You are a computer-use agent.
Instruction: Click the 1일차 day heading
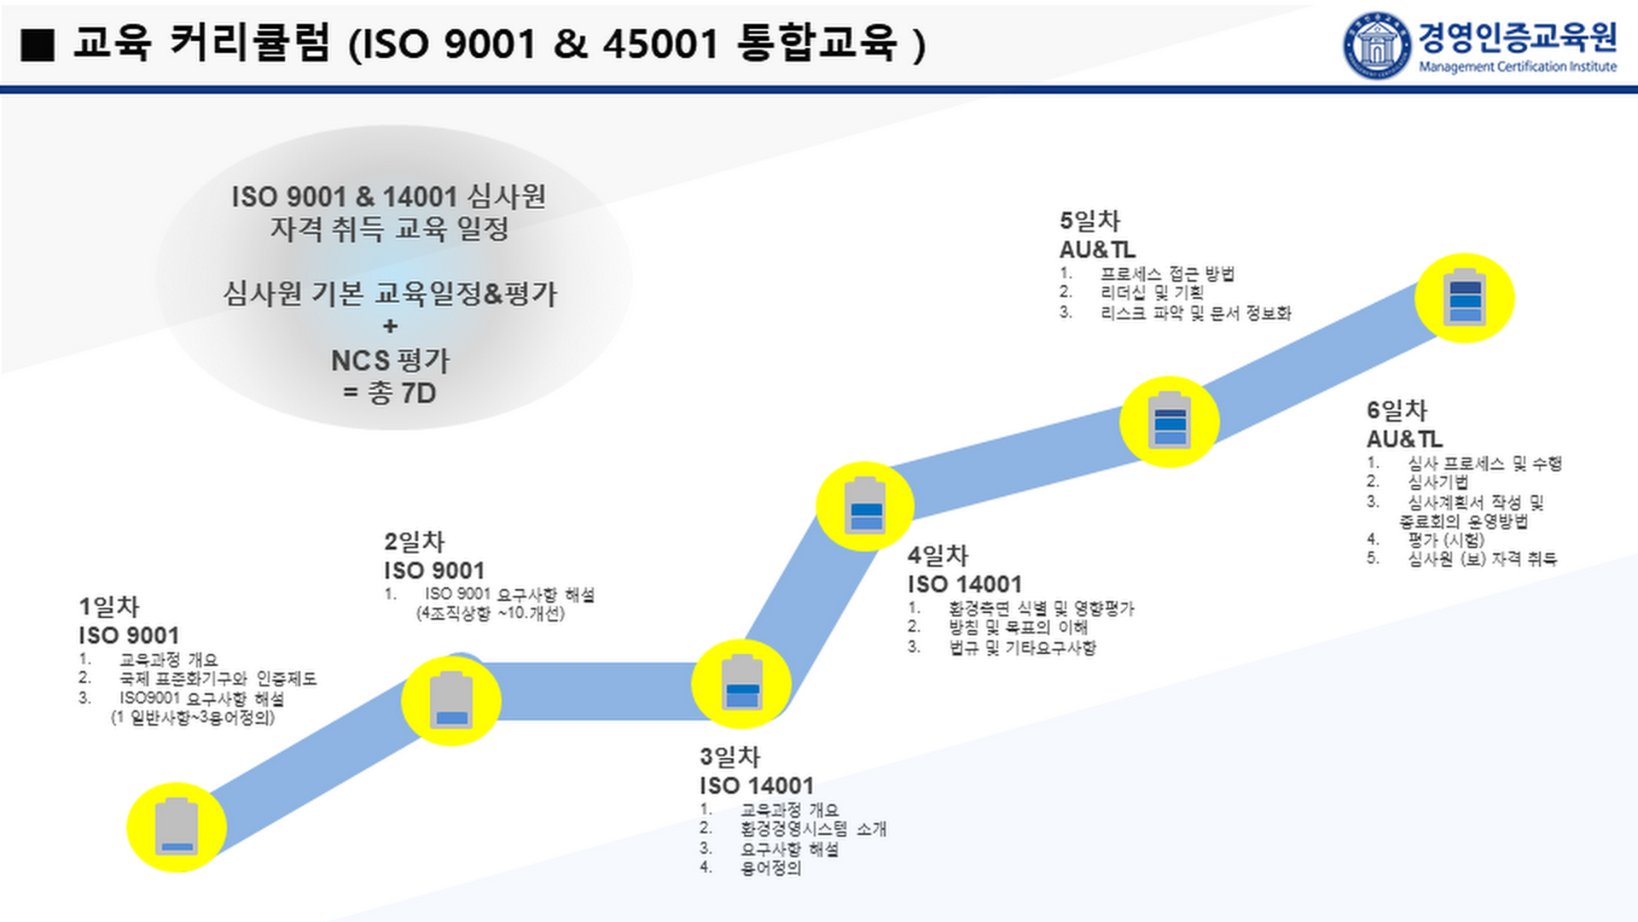pos(108,607)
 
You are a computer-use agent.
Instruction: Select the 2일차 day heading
pos(414,542)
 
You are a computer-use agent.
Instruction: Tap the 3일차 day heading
pos(729,756)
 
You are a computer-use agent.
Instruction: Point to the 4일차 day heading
pos(937,556)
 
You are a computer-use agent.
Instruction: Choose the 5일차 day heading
pos(1089,221)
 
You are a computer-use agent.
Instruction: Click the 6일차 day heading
pos(1396,411)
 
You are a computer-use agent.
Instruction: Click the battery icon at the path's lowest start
pos(177,827)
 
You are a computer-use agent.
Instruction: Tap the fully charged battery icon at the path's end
pos(1465,298)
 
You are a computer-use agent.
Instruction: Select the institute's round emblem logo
pos(1377,45)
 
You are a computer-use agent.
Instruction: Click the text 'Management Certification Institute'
pos(1517,67)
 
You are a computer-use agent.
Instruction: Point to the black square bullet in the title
pos(38,44)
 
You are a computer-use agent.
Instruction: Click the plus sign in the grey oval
pos(390,326)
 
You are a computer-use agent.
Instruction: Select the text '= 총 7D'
pos(390,394)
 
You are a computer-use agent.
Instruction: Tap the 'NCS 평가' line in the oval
pos(390,360)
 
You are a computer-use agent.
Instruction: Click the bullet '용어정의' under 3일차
pos(770,869)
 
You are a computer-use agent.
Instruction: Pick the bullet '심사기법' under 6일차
pos(1438,482)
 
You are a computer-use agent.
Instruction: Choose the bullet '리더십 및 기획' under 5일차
pos(1152,293)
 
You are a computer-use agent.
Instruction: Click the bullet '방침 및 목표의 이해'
pos(1018,627)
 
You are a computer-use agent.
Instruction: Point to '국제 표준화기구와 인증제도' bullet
pos(218,679)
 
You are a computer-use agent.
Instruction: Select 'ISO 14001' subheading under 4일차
pos(964,585)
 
